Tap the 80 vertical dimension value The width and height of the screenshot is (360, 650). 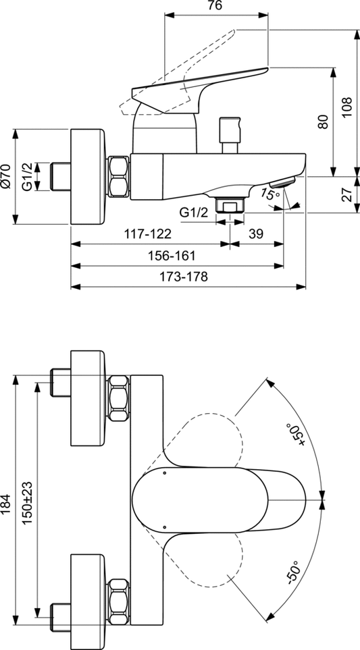click(x=323, y=121)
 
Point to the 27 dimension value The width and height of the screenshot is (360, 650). click(x=346, y=194)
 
